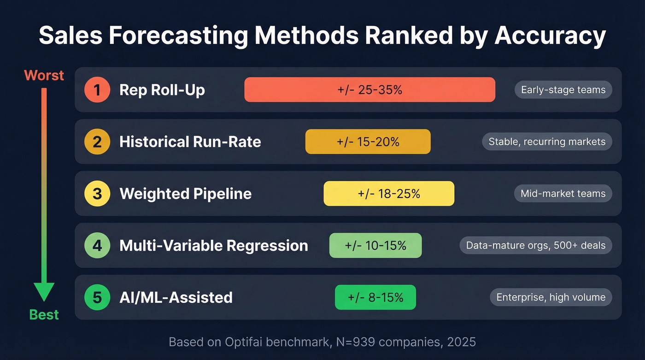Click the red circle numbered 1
point(97,90)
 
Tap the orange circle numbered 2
point(97,142)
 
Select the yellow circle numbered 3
point(97,194)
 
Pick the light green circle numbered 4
point(97,245)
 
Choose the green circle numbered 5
point(97,297)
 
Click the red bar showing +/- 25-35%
point(369,90)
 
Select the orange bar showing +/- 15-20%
point(368,142)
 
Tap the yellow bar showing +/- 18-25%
point(389,194)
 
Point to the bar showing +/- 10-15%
point(375,245)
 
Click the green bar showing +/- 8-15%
point(375,297)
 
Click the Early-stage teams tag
point(563,90)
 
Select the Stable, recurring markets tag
point(547,142)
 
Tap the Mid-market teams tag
point(563,194)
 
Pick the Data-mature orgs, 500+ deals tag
point(536,245)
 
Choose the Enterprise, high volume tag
point(551,297)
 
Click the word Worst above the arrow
point(44,76)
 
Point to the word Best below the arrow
point(44,315)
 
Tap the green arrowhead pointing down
point(44,292)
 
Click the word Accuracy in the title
point(550,36)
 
